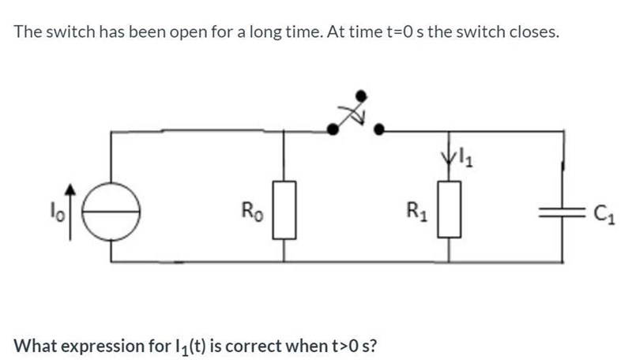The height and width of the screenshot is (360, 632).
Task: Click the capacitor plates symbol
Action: click(562, 212)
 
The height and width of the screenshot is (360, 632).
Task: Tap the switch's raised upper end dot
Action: click(362, 96)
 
